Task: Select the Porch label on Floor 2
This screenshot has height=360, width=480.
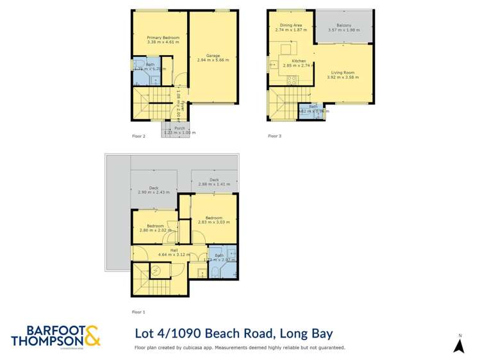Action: pyautogui.click(x=180, y=127)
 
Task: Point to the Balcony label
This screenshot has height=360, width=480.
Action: pyautogui.click(x=344, y=26)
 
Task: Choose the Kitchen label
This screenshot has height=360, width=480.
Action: pyautogui.click(x=290, y=61)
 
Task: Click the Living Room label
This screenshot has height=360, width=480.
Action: pyautogui.click(x=342, y=72)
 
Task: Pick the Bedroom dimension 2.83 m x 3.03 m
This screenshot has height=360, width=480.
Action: pyautogui.click(x=214, y=222)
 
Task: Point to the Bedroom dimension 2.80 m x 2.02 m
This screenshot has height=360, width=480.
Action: pyautogui.click(x=156, y=230)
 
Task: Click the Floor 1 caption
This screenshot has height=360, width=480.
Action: pyautogui.click(x=138, y=312)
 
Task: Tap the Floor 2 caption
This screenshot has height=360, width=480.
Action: pyautogui.click(x=138, y=136)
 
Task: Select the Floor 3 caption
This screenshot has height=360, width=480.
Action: pyautogui.click(x=274, y=136)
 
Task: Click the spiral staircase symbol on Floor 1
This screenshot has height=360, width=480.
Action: pyautogui.click(x=154, y=270)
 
